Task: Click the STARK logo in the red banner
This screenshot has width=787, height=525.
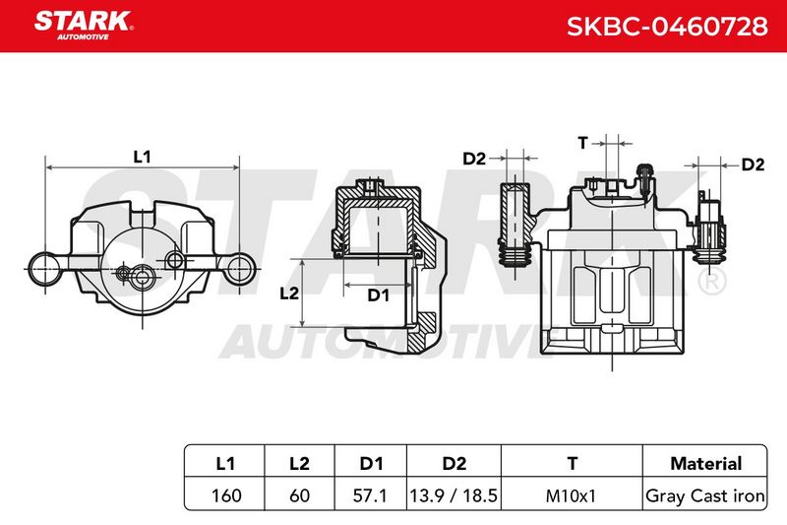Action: [x=84, y=25]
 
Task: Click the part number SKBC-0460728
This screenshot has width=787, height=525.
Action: [x=667, y=26]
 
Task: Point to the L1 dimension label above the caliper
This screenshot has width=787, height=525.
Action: [x=142, y=157]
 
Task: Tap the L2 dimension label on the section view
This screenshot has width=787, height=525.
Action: [x=288, y=293]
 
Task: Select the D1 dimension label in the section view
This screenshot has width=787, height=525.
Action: [x=379, y=295]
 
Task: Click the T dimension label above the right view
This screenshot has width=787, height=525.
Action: [x=582, y=143]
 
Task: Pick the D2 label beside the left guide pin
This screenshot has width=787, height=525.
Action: [x=474, y=159]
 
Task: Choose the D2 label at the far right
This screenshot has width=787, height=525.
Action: [x=753, y=164]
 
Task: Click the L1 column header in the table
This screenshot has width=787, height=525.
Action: [x=225, y=463]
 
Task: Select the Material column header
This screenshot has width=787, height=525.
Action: [x=705, y=463]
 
